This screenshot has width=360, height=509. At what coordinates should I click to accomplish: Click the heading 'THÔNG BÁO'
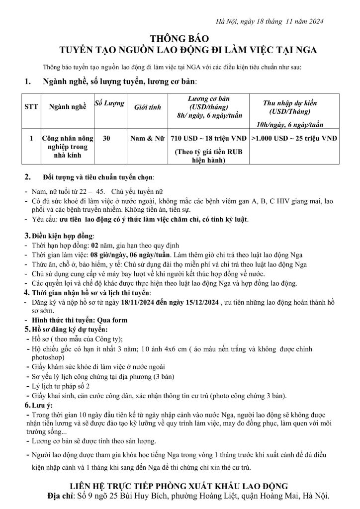coord(180,38)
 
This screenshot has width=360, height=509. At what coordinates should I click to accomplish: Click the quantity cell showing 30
coord(106,139)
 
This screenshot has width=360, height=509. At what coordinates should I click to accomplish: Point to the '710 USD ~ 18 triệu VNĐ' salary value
coord(209,139)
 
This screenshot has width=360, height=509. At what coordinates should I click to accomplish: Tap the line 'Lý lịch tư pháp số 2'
coord(62,386)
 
